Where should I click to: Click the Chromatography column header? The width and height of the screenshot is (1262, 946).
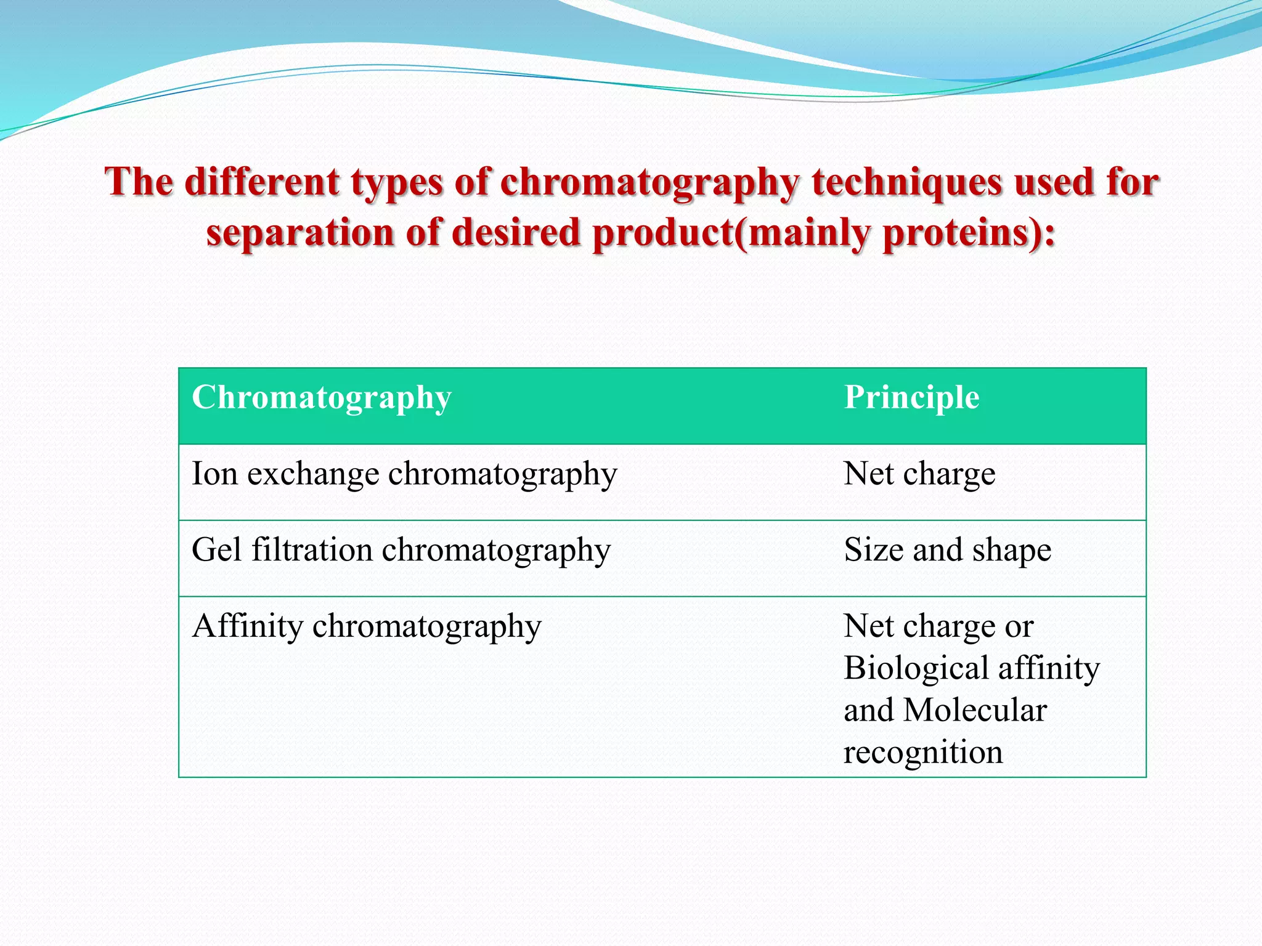tap(322, 398)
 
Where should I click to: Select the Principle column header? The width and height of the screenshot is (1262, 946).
tap(911, 398)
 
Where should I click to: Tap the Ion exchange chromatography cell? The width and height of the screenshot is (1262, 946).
tap(404, 474)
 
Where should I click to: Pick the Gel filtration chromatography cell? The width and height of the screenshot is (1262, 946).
tap(401, 550)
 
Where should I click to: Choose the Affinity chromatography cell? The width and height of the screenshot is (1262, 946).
tap(367, 626)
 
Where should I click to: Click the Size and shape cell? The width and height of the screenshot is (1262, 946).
tap(947, 550)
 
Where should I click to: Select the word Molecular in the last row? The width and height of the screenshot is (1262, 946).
tap(975, 710)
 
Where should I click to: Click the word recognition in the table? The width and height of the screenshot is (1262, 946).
tap(922, 753)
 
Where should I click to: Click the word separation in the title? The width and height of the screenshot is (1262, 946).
tap(299, 234)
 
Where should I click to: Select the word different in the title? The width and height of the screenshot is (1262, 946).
tap(263, 183)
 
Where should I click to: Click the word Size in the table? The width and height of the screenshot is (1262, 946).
tap(873, 550)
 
